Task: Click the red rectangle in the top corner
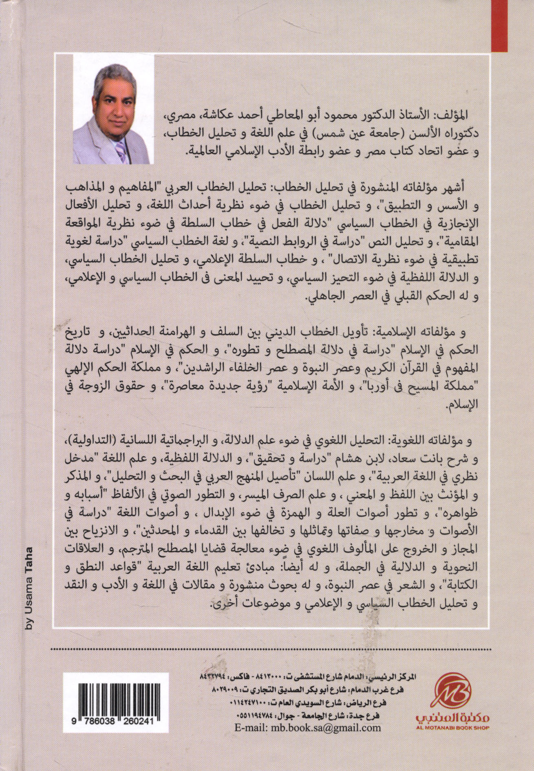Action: pyautogui.click(x=512, y=26)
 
